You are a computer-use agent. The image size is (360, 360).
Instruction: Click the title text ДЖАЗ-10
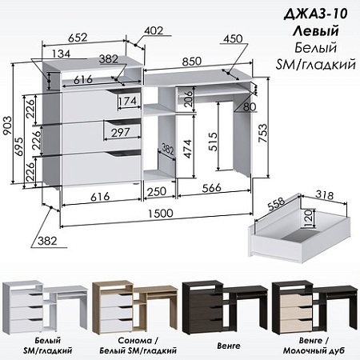(316, 14)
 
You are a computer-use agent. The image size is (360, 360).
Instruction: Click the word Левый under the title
(316, 31)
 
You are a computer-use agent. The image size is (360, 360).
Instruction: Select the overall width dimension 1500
(160, 214)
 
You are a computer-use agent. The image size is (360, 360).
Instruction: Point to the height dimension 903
(7, 126)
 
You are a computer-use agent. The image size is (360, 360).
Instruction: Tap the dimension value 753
(262, 133)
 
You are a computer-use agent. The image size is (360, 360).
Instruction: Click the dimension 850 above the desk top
(191, 62)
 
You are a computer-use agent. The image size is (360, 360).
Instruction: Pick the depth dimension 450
(233, 38)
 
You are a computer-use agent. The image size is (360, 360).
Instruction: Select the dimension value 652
(78, 38)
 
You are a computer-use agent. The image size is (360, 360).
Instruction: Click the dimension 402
(154, 30)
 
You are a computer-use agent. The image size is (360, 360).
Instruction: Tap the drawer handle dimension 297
(121, 132)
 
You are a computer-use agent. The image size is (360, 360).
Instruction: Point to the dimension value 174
(128, 101)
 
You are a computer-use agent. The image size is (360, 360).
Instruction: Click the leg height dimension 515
(213, 142)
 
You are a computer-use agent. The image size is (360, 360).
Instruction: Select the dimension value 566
(212, 188)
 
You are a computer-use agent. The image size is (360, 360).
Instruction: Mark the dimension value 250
(157, 191)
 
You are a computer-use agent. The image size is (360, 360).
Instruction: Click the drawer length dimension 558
(276, 204)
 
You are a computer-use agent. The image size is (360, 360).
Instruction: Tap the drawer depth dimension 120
(308, 218)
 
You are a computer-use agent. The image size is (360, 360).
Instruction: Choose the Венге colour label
(229, 346)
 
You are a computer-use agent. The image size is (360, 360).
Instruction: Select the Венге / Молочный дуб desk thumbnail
(315, 307)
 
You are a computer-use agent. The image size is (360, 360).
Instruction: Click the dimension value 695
(19, 147)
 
